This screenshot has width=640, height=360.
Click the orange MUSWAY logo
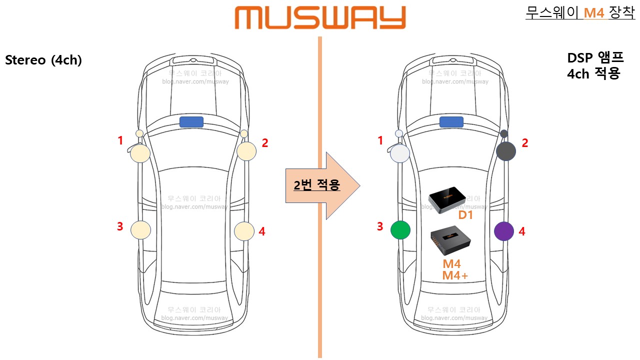(320, 18)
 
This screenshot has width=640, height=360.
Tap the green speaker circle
(400, 230)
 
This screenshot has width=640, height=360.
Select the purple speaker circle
(504, 231)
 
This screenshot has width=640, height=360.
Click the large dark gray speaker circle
(506, 151)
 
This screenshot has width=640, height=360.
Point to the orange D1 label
(465, 215)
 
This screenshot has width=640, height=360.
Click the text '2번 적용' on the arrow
(317, 185)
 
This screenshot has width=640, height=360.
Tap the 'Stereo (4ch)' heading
(43, 60)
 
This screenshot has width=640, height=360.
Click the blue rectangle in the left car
(191, 122)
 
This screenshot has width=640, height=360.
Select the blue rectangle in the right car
(451, 122)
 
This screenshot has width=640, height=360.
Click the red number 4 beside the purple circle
(522, 231)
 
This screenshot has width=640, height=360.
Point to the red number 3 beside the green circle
(380, 226)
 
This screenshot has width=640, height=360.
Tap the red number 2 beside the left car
(265, 143)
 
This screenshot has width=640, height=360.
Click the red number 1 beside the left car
(120, 141)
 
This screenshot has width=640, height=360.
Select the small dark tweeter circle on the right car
(504, 134)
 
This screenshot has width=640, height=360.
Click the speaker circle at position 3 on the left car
(140, 229)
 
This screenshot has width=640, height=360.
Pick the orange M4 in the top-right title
(594, 13)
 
